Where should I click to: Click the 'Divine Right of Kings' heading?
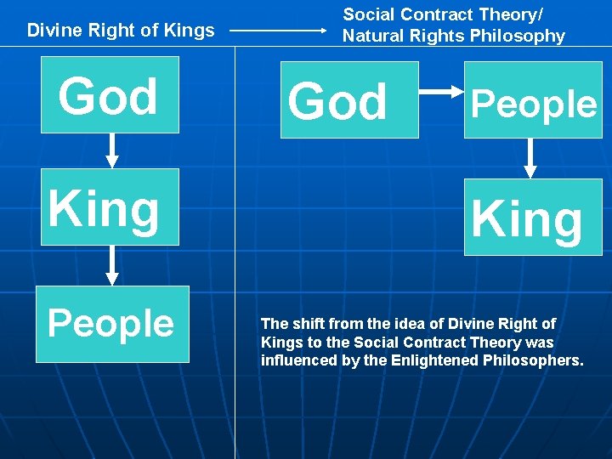(x=121, y=31)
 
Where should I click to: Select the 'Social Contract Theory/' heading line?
(x=443, y=14)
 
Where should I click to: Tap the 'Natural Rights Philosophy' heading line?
(x=453, y=36)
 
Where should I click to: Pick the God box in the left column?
(x=110, y=95)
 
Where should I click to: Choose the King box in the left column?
(x=110, y=207)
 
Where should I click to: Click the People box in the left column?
(x=111, y=324)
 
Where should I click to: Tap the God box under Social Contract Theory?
(x=349, y=99)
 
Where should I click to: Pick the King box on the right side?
(x=532, y=217)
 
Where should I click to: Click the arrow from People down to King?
(x=531, y=158)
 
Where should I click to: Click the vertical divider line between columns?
(x=235, y=255)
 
